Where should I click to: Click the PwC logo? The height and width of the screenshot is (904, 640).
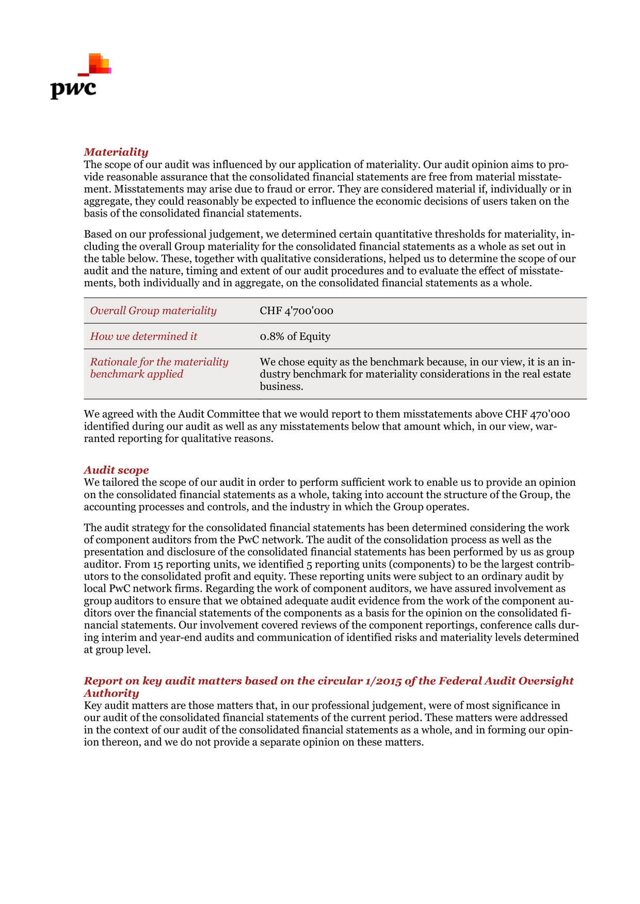tap(77, 77)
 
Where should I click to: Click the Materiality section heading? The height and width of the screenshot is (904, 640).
tap(116, 152)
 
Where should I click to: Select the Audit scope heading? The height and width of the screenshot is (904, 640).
tap(116, 470)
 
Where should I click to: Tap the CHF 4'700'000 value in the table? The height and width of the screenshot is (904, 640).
tap(296, 311)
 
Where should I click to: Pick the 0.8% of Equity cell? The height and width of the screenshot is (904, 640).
tap(295, 337)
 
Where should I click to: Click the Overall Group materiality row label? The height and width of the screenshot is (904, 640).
tap(153, 310)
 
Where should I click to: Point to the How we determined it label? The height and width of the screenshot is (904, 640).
tap(143, 336)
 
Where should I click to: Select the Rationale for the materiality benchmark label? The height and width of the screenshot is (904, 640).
tap(159, 368)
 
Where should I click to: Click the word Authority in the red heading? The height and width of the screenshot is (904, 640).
tap(111, 693)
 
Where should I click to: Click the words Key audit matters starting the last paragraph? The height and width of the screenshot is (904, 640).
tap(120, 705)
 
